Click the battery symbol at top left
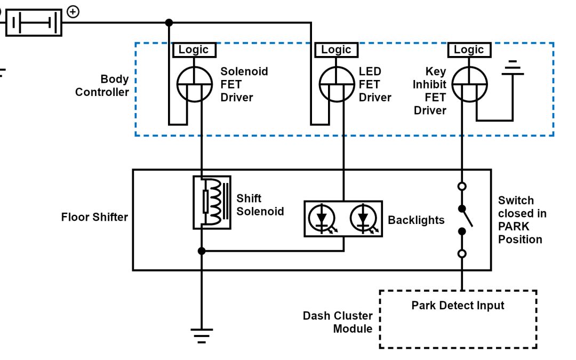coord(34,23)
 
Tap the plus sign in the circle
coord(73,12)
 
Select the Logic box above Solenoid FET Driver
coord(194,50)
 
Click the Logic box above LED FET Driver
coord(336,50)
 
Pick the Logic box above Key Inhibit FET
coord(469,50)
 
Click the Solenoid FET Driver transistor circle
coord(195,85)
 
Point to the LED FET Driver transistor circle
coord(337,85)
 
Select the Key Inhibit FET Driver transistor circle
coord(469,85)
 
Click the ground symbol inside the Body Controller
coord(513,68)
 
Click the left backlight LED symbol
coord(322,219)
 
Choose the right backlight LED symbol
coord(363,219)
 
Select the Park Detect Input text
coord(458,306)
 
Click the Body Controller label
coord(102,85)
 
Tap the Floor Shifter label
coord(94,217)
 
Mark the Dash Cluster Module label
coord(338,322)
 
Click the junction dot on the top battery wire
coord(169,22)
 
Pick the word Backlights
coord(416,220)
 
